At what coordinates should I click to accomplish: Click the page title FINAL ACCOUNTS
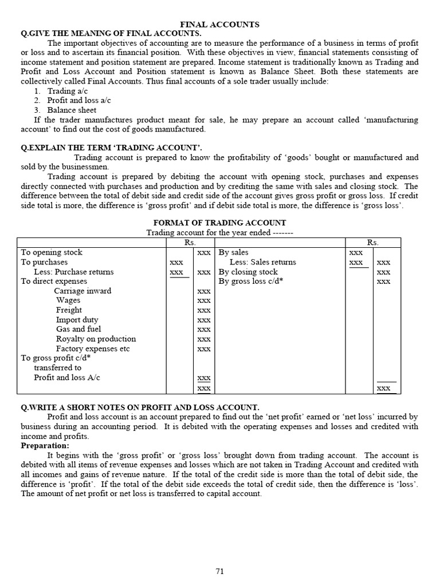[x=220, y=25]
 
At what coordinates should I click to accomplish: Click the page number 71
[x=220, y=571]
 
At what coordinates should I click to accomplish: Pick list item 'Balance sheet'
[x=72, y=110]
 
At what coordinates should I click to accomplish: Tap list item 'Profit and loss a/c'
[x=78, y=101]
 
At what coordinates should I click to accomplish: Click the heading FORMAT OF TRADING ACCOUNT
[x=220, y=223]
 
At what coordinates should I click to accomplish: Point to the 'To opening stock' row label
[x=52, y=252]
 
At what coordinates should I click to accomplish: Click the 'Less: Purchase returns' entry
[x=73, y=272]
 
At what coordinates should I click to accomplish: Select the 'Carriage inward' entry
[x=82, y=291]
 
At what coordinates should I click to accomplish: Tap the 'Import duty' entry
[x=77, y=320]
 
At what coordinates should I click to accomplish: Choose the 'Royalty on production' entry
[x=96, y=339]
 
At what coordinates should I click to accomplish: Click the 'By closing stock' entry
[x=248, y=272]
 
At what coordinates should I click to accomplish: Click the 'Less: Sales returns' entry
[x=263, y=262]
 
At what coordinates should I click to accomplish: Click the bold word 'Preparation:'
[x=45, y=445]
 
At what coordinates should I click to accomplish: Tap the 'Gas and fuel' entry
[x=78, y=329]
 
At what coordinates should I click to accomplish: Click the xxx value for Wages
[x=203, y=300]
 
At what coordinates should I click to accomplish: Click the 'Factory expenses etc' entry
[x=93, y=349]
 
